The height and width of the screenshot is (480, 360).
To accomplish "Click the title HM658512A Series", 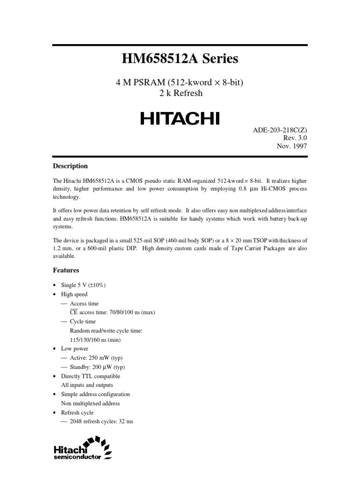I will [180, 59].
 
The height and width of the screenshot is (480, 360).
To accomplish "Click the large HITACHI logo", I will [180, 119].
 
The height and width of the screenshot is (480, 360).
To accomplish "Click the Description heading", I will [70, 166].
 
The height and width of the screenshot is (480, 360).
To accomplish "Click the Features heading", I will [66, 270].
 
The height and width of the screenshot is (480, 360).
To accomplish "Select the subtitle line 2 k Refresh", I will [180, 93].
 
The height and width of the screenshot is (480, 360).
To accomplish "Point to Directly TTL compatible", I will [90, 376].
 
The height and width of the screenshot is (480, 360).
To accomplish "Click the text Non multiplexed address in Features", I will [90, 403].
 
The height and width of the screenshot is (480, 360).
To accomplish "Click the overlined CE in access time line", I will [74, 313].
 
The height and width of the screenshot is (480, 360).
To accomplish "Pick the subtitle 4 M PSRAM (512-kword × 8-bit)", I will [180, 82].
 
